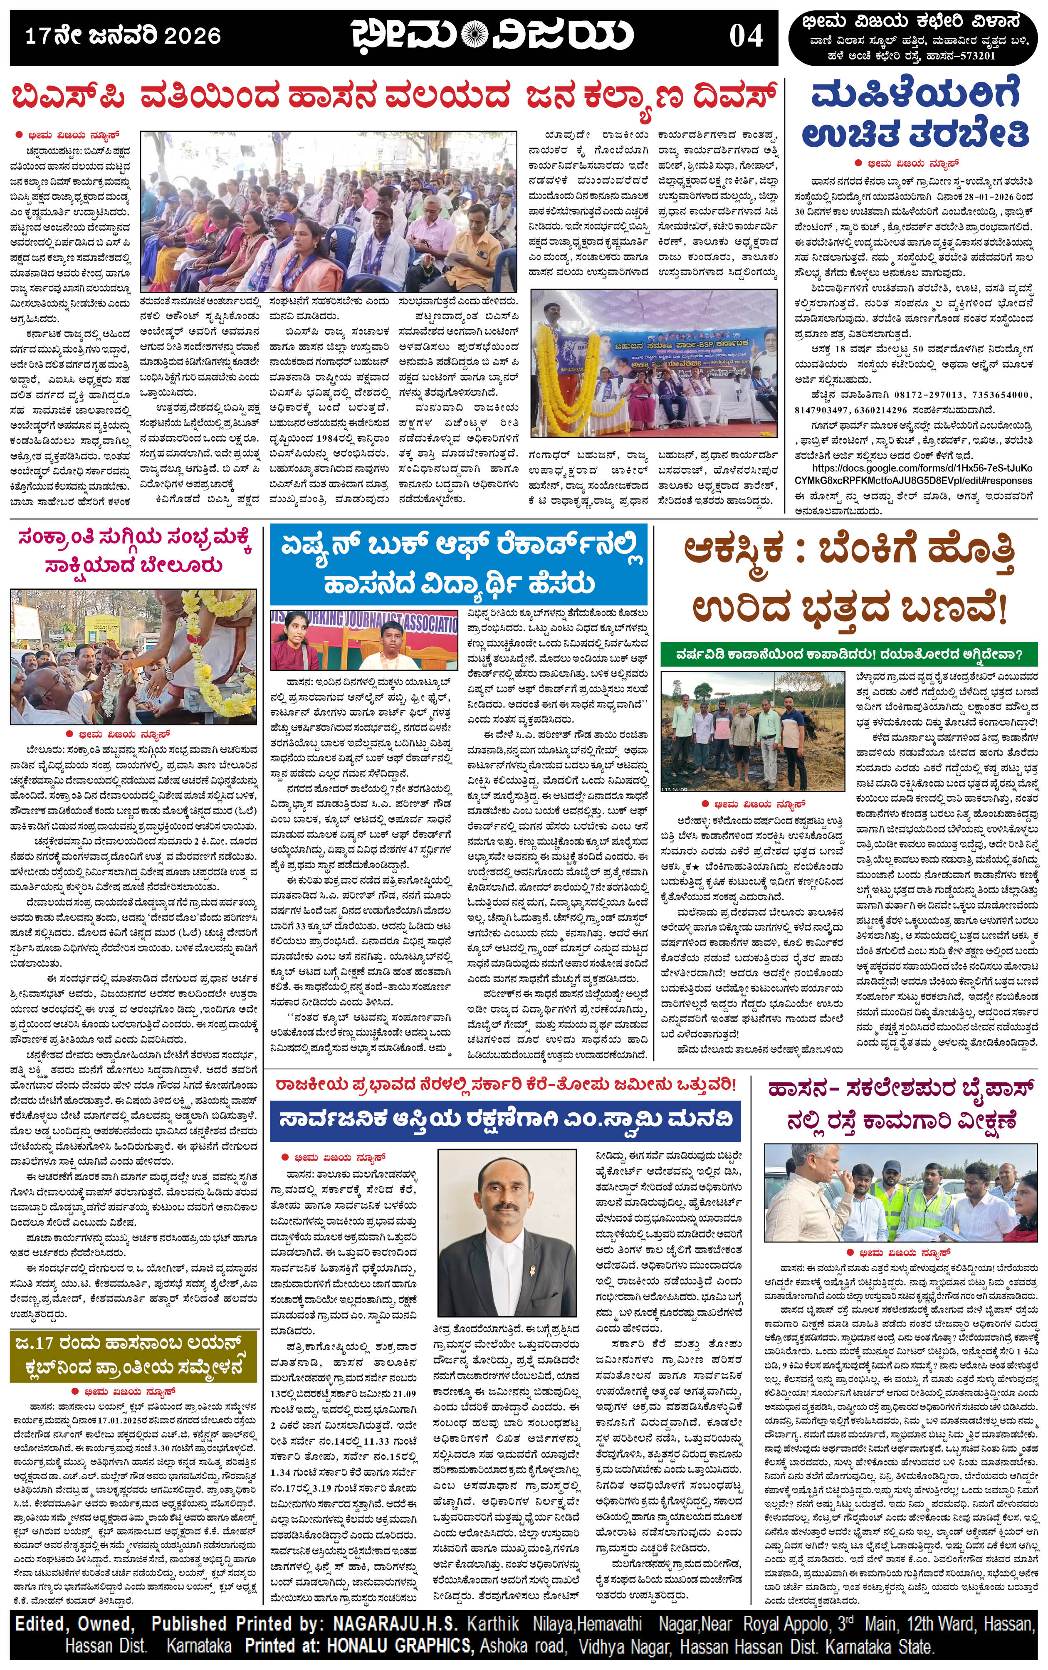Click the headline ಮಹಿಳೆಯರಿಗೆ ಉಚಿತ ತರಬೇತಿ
915,116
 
